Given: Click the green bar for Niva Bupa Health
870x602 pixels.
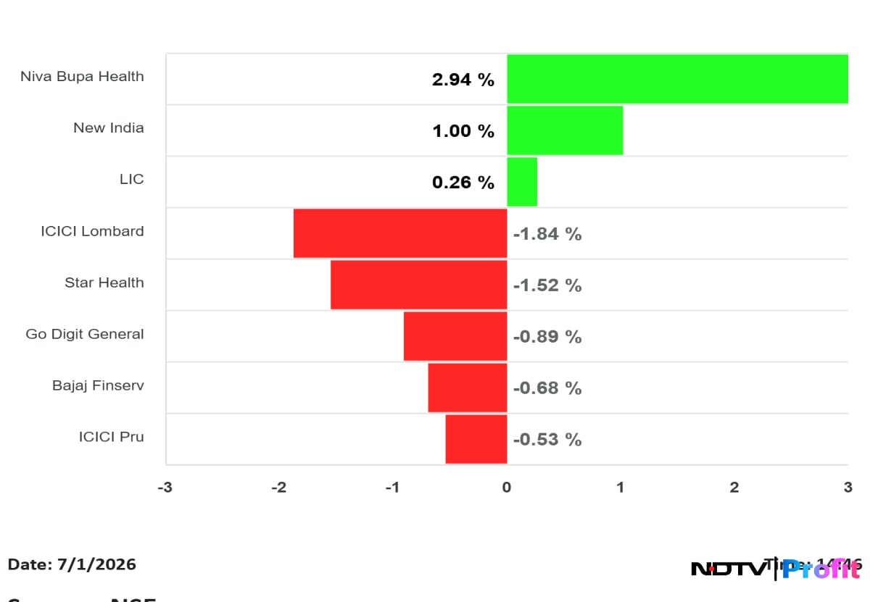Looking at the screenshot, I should (x=677, y=79).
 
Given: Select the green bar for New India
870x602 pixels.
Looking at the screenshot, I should (x=565, y=130).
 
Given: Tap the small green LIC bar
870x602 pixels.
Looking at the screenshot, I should (x=522, y=182).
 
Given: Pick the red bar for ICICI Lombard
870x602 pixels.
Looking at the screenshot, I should (x=400, y=233).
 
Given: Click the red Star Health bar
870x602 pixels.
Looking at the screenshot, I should (x=418, y=285).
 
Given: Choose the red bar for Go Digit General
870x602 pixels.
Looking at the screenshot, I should (x=455, y=336).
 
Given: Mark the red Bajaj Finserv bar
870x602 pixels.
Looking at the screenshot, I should (x=467, y=388).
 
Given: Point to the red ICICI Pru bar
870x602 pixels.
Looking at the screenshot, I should (x=476, y=439).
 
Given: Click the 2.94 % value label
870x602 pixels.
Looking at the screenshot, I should (x=463, y=80).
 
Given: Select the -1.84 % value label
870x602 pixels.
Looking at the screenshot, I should (x=547, y=234).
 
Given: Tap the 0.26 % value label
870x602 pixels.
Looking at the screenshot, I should (x=463, y=183).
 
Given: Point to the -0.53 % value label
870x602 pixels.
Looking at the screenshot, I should (x=547, y=440).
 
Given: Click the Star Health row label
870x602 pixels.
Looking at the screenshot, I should (x=104, y=283).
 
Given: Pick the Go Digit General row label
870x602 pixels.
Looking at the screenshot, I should (x=85, y=334).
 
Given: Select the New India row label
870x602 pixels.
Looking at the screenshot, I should (x=109, y=128).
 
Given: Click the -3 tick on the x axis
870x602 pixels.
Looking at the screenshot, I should (x=165, y=488).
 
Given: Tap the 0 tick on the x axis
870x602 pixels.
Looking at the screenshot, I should (x=507, y=488).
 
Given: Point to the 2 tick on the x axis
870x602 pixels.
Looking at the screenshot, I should (x=734, y=488).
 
